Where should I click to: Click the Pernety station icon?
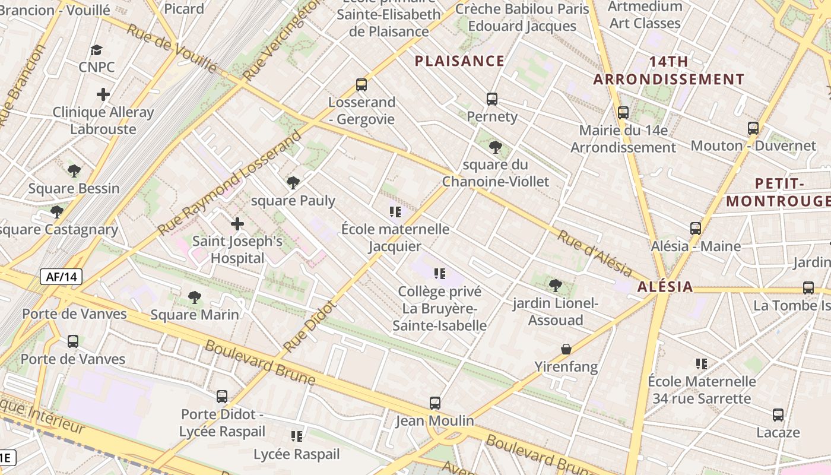491,99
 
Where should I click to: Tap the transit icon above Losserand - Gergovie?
361,84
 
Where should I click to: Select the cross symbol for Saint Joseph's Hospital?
237,224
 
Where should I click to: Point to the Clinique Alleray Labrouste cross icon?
103,94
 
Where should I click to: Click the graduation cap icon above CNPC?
96,50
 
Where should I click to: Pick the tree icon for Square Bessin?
74,171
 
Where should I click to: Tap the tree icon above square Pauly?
293,183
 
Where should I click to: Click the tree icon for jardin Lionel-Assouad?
556,286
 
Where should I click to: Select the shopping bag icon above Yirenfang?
566,349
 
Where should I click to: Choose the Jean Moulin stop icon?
435,403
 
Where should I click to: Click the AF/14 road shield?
61,276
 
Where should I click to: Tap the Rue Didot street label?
310,326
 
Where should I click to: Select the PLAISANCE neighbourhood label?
459,61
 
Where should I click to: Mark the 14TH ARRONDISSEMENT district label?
669,71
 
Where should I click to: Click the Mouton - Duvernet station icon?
753,128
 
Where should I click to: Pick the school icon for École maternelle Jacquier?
395,211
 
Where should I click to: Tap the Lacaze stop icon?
778,414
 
